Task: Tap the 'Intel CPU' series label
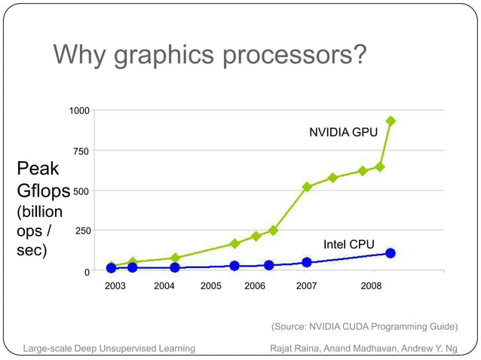(348, 245)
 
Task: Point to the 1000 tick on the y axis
(79, 111)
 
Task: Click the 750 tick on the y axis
(81, 151)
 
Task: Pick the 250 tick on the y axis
(81, 230)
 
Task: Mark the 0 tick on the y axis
(87, 271)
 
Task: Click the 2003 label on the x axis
(115, 286)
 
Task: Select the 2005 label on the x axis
(210, 286)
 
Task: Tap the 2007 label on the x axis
(306, 286)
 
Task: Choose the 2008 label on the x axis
(370, 286)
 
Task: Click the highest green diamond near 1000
(391, 121)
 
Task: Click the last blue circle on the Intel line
(391, 253)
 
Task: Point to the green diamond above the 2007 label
(307, 187)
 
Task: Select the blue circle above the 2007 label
(307, 262)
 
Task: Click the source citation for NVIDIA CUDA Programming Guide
(364, 327)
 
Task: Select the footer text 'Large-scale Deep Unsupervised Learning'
(109, 348)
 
